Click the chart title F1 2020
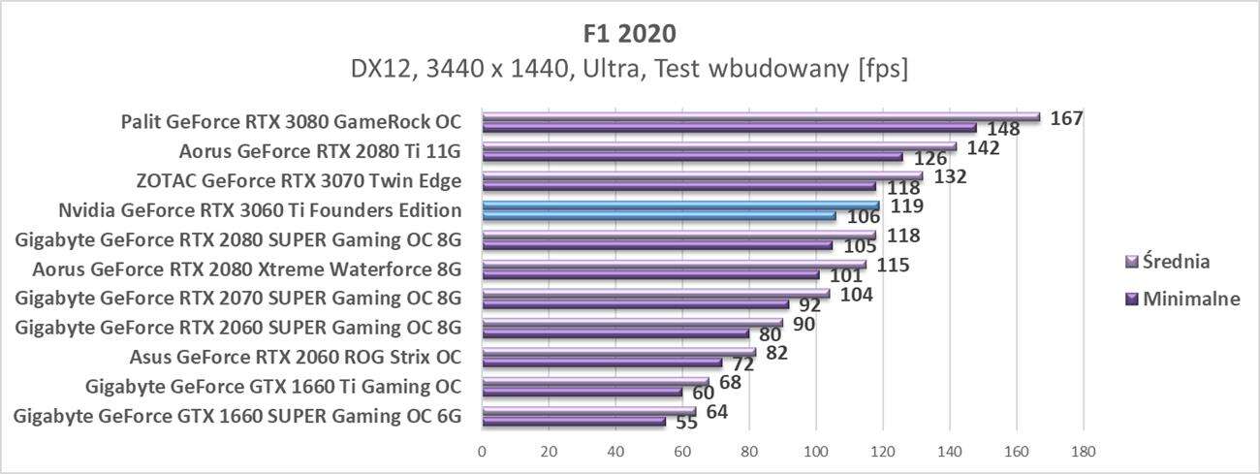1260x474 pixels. click(x=630, y=33)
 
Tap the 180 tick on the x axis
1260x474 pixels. click(x=1083, y=451)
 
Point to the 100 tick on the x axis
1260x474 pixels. click(x=815, y=451)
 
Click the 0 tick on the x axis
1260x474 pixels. click(x=482, y=451)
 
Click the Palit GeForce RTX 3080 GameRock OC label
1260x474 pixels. click(x=291, y=122)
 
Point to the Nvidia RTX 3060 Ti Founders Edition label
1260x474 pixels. click(x=260, y=210)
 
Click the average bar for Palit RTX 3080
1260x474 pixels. click(x=760, y=117)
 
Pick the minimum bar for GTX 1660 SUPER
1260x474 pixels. click(x=574, y=422)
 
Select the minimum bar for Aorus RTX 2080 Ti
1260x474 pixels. click(x=692, y=156)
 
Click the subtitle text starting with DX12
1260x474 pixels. click(x=630, y=70)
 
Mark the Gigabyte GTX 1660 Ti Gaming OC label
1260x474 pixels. click(x=272, y=388)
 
